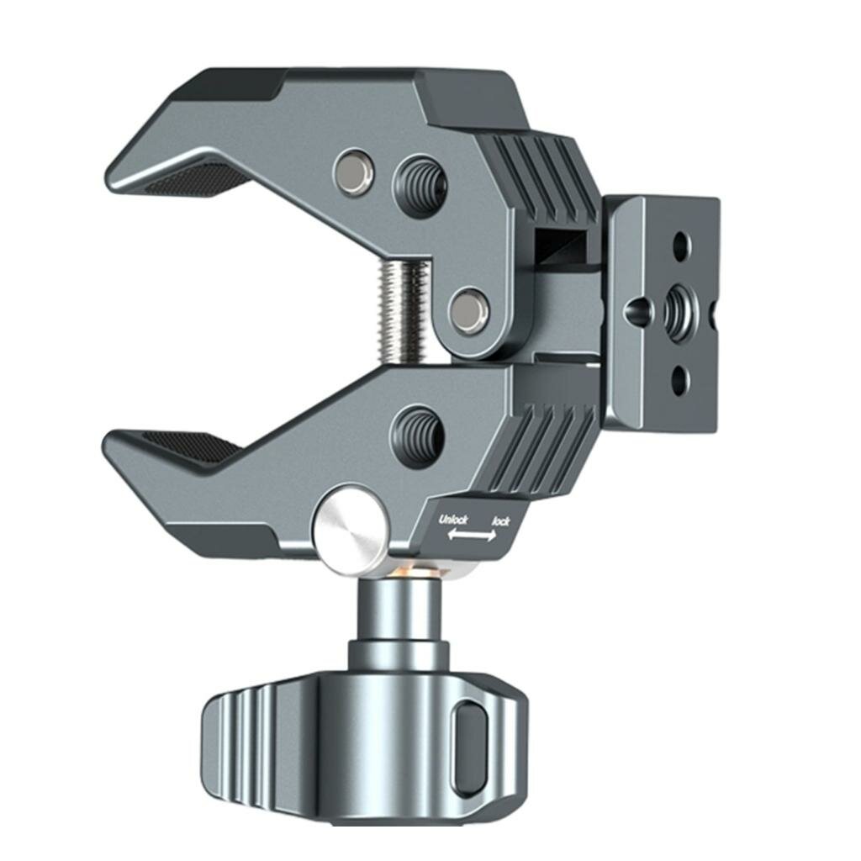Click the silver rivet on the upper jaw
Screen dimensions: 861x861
353,171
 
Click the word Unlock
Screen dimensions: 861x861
453,520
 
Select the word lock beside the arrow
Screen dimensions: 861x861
501,521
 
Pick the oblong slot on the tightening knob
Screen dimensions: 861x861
470,748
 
